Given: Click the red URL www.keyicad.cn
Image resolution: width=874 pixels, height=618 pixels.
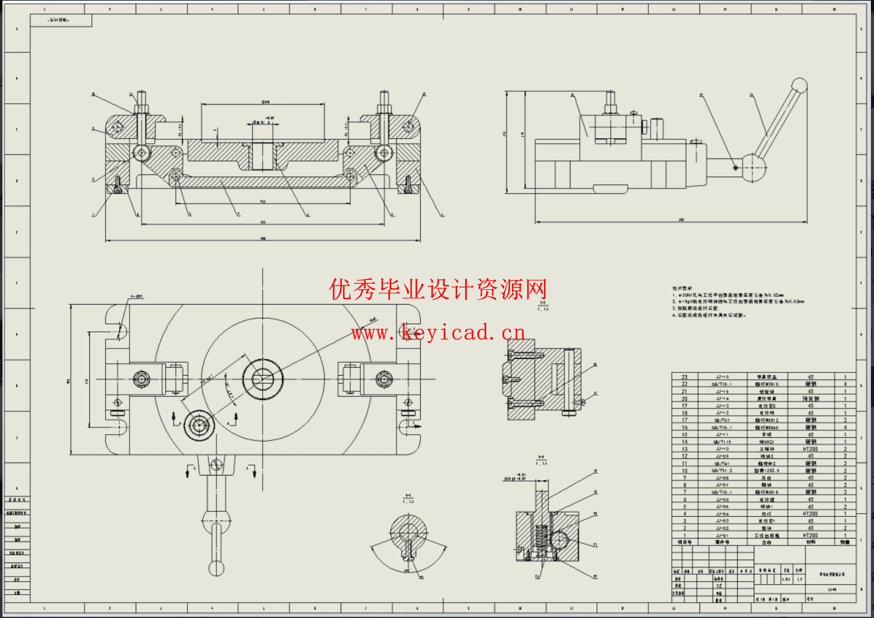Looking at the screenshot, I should coord(438,333).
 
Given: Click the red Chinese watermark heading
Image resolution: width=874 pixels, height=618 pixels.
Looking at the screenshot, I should coord(438,289).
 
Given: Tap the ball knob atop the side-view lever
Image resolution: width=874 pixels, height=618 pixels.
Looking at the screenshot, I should coord(799,85).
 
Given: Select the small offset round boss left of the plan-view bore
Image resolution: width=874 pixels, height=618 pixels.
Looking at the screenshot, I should coord(199,426).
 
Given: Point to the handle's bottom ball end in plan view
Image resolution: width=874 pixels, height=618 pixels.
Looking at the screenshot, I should coord(216,567).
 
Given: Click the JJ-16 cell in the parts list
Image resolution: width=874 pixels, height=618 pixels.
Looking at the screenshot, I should coord(722,376).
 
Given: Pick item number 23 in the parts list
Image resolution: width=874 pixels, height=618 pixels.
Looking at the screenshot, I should coord(684,376).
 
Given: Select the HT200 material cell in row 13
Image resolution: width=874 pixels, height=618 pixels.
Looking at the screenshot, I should coord(810,449).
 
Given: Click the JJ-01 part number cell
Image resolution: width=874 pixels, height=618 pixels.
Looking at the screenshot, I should coord(722,535).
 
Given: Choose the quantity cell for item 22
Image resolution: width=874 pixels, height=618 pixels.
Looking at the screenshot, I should coord(845,384).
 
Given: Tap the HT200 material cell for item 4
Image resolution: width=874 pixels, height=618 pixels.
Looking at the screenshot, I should coord(810,514).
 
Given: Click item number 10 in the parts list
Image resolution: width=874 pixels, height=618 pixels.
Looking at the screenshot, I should coord(684,471).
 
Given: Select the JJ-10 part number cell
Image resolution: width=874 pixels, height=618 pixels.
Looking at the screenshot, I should coord(722,449).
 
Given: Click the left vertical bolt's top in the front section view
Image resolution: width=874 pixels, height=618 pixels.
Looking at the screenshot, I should coord(142,97).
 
